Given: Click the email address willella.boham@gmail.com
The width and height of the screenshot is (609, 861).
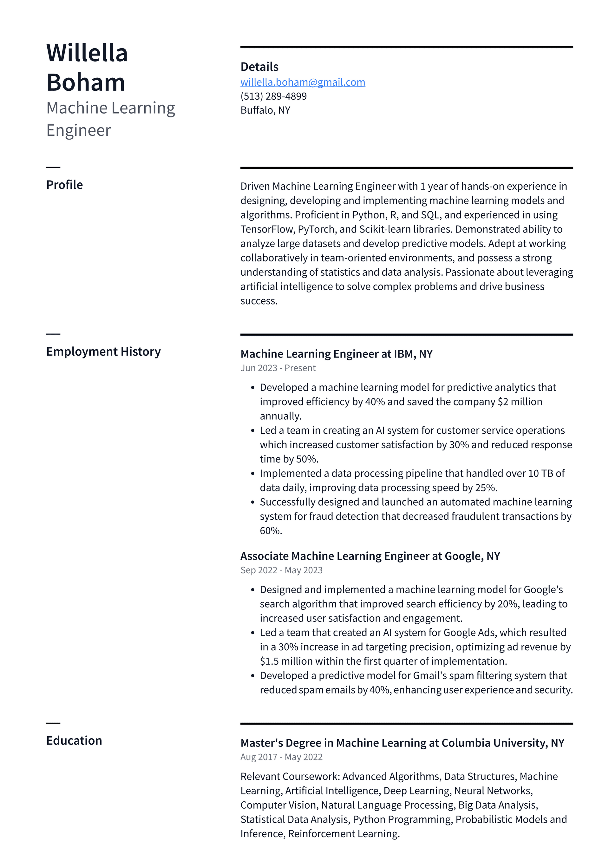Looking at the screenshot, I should pos(303,82).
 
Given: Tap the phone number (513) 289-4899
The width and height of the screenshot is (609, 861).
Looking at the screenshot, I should pos(273,96).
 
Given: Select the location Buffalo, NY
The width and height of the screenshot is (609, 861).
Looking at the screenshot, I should pos(265,110).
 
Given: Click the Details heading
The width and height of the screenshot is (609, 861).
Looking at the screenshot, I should pos(259,67).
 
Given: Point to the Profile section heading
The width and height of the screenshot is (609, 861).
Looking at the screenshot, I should pos(64,185).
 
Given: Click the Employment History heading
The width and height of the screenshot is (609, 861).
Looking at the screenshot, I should pos(103,352).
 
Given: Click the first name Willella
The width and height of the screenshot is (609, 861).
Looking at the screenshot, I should pos(87,53).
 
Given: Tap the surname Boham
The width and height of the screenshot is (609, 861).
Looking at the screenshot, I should pos(86,82).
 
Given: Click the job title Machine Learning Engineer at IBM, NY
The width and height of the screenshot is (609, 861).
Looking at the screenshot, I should pos(336,354).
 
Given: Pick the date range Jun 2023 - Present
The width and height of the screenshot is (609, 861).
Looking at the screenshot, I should pos(278,368).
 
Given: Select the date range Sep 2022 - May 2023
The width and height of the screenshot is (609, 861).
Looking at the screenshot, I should pos(281,570).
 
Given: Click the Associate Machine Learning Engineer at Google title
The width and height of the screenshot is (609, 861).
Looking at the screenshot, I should pos(370,556).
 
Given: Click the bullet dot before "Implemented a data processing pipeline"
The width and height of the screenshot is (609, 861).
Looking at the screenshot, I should pos(253,474).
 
